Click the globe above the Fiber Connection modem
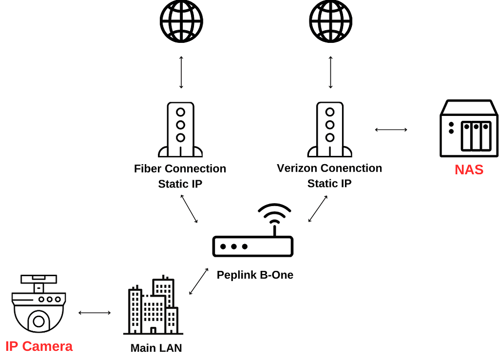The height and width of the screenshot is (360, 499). point(181,21)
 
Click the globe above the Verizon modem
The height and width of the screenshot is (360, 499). point(330,21)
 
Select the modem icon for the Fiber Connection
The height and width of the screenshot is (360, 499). point(180,129)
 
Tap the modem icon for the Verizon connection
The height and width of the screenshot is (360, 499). point(330,129)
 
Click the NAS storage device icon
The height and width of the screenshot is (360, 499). point(469,129)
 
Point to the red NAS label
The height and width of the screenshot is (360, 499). point(469,170)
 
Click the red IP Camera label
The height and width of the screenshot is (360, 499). point(39,346)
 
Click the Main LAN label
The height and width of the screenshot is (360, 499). point(156,348)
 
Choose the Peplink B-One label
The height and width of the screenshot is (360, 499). point(255,275)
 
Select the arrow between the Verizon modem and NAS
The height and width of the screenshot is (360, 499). point(391,130)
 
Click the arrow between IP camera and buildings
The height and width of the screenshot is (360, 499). point(95,313)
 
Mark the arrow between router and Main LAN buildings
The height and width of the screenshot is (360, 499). point(199,281)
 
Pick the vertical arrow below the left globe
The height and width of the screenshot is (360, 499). point(181,72)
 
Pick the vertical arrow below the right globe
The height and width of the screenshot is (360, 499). point(330,72)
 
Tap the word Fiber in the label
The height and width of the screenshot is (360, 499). point(148,169)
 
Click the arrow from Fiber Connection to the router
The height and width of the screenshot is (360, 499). point(189,208)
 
